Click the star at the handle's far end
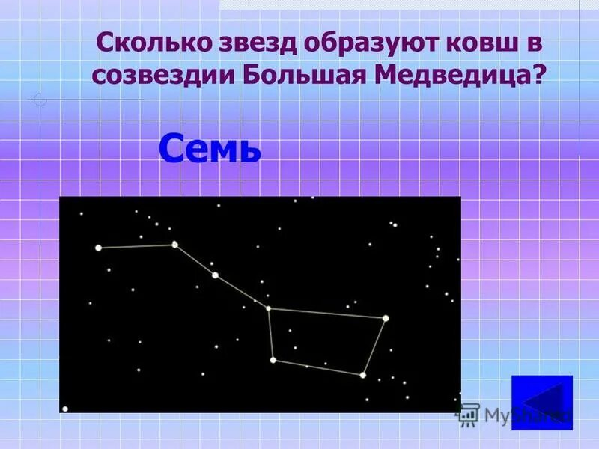(x=98, y=248)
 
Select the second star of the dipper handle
(x=175, y=245)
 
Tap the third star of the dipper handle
(x=215, y=275)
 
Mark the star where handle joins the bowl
(x=268, y=308)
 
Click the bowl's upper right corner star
(x=386, y=318)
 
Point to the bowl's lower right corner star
(x=362, y=374)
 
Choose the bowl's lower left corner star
(x=273, y=360)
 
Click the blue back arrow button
(x=541, y=402)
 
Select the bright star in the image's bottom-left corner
(x=65, y=409)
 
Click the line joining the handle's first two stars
(x=136, y=246)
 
